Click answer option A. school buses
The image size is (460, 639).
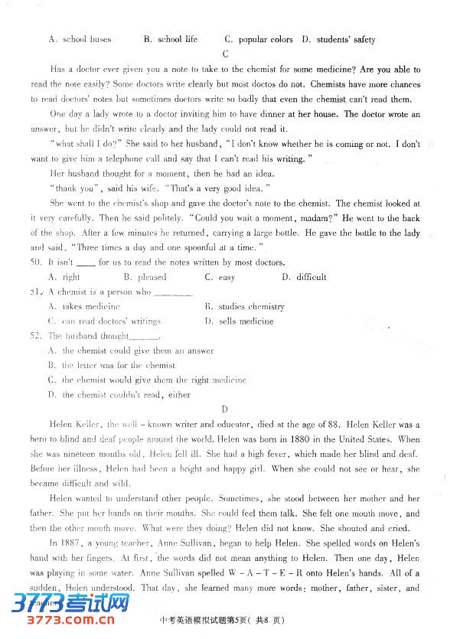pyautogui.click(x=80, y=39)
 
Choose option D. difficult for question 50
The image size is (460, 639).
pyautogui.click(x=304, y=277)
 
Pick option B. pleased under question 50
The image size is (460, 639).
pyautogui.click(x=145, y=277)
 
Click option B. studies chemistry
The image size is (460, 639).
pyautogui.click(x=244, y=307)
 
